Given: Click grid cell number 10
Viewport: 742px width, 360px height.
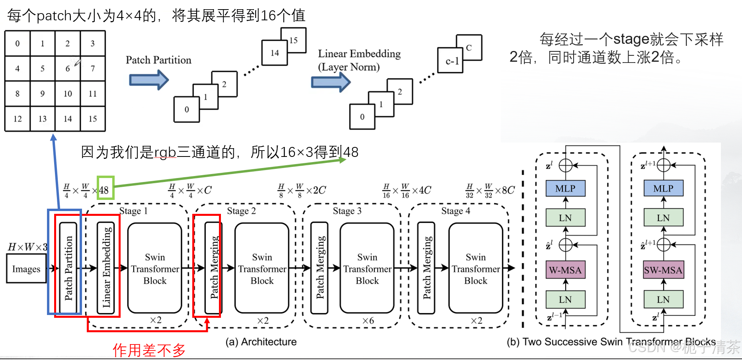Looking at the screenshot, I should click(x=68, y=94).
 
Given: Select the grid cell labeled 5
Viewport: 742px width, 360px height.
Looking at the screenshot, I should click(x=43, y=68).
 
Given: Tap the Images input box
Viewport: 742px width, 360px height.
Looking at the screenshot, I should click(x=26, y=269).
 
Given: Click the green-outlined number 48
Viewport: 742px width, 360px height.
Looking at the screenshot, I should click(x=104, y=190).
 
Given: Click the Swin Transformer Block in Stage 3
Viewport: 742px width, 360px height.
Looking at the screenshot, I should click(x=367, y=268).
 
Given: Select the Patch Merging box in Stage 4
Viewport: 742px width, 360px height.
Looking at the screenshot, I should click(x=426, y=268).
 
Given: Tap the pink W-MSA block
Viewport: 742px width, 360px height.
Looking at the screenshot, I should click(x=565, y=270).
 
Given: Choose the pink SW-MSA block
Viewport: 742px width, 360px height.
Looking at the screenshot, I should click(x=663, y=270).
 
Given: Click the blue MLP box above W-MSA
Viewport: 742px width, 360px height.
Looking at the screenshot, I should click(x=565, y=188).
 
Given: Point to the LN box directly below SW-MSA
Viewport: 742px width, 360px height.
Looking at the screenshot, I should click(x=663, y=299).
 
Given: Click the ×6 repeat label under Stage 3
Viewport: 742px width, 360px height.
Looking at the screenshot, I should click(x=368, y=321).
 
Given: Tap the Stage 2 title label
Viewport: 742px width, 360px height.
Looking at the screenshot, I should click(x=241, y=211).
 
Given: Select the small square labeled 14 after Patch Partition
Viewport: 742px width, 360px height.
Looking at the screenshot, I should click(x=274, y=53).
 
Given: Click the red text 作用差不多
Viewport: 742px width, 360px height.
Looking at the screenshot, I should click(x=149, y=350).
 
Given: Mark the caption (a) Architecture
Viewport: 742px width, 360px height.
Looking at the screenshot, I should click(x=261, y=342).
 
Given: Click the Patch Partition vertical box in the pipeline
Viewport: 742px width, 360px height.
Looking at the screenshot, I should click(x=68, y=268).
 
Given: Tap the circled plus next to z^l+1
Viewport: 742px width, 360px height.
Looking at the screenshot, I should click(x=664, y=165).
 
